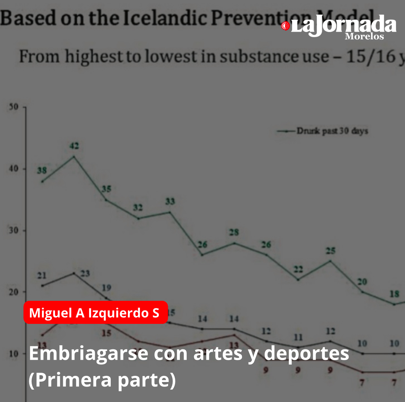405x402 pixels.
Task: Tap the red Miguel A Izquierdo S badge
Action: pos(95,313)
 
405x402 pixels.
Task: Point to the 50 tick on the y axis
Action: pos(14,107)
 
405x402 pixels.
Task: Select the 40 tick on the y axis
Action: pos(14,169)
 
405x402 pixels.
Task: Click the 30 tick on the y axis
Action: pos(14,230)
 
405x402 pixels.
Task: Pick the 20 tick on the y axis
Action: pos(14,292)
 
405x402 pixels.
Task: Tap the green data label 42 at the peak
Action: pos(74,146)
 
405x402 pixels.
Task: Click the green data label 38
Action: pos(42,170)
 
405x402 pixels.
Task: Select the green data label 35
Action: pos(106,189)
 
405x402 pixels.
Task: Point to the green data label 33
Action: pos(170,201)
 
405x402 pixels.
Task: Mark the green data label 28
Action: pos(234,232)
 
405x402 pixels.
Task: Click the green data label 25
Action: pos(330,251)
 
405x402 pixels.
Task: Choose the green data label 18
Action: pos(394,294)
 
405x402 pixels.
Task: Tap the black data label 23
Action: pos(85,274)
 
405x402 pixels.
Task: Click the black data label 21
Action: pos(42,275)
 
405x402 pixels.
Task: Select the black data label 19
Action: pos(106,288)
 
